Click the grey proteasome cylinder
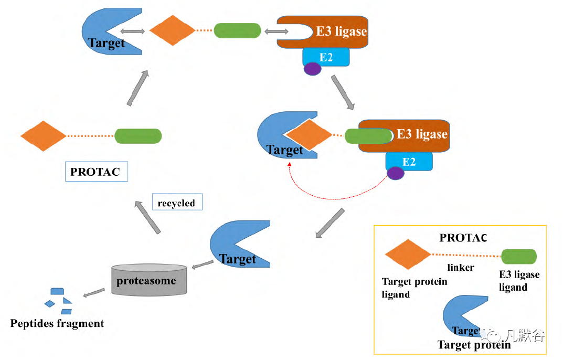(150, 281)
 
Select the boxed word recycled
(176, 203)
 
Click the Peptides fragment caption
(57, 323)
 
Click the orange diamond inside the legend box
(408, 255)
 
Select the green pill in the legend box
(519, 256)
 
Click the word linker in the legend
(461, 268)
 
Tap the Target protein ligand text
(415, 288)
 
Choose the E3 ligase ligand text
(519, 281)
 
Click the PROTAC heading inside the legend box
(463, 238)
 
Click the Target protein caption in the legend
(474, 345)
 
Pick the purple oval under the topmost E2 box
(313, 69)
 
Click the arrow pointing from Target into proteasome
(202, 265)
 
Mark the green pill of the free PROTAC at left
(138, 136)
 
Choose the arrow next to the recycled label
(147, 217)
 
